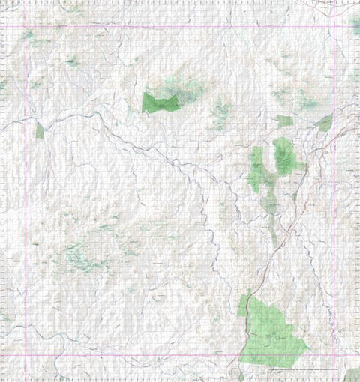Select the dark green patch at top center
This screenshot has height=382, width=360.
[160, 102]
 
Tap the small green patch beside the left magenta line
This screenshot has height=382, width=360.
[40, 131]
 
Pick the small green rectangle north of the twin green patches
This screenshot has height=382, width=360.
[284, 121]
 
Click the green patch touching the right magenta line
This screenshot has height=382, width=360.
[325, 123]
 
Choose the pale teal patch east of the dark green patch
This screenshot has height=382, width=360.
[220, 112]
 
